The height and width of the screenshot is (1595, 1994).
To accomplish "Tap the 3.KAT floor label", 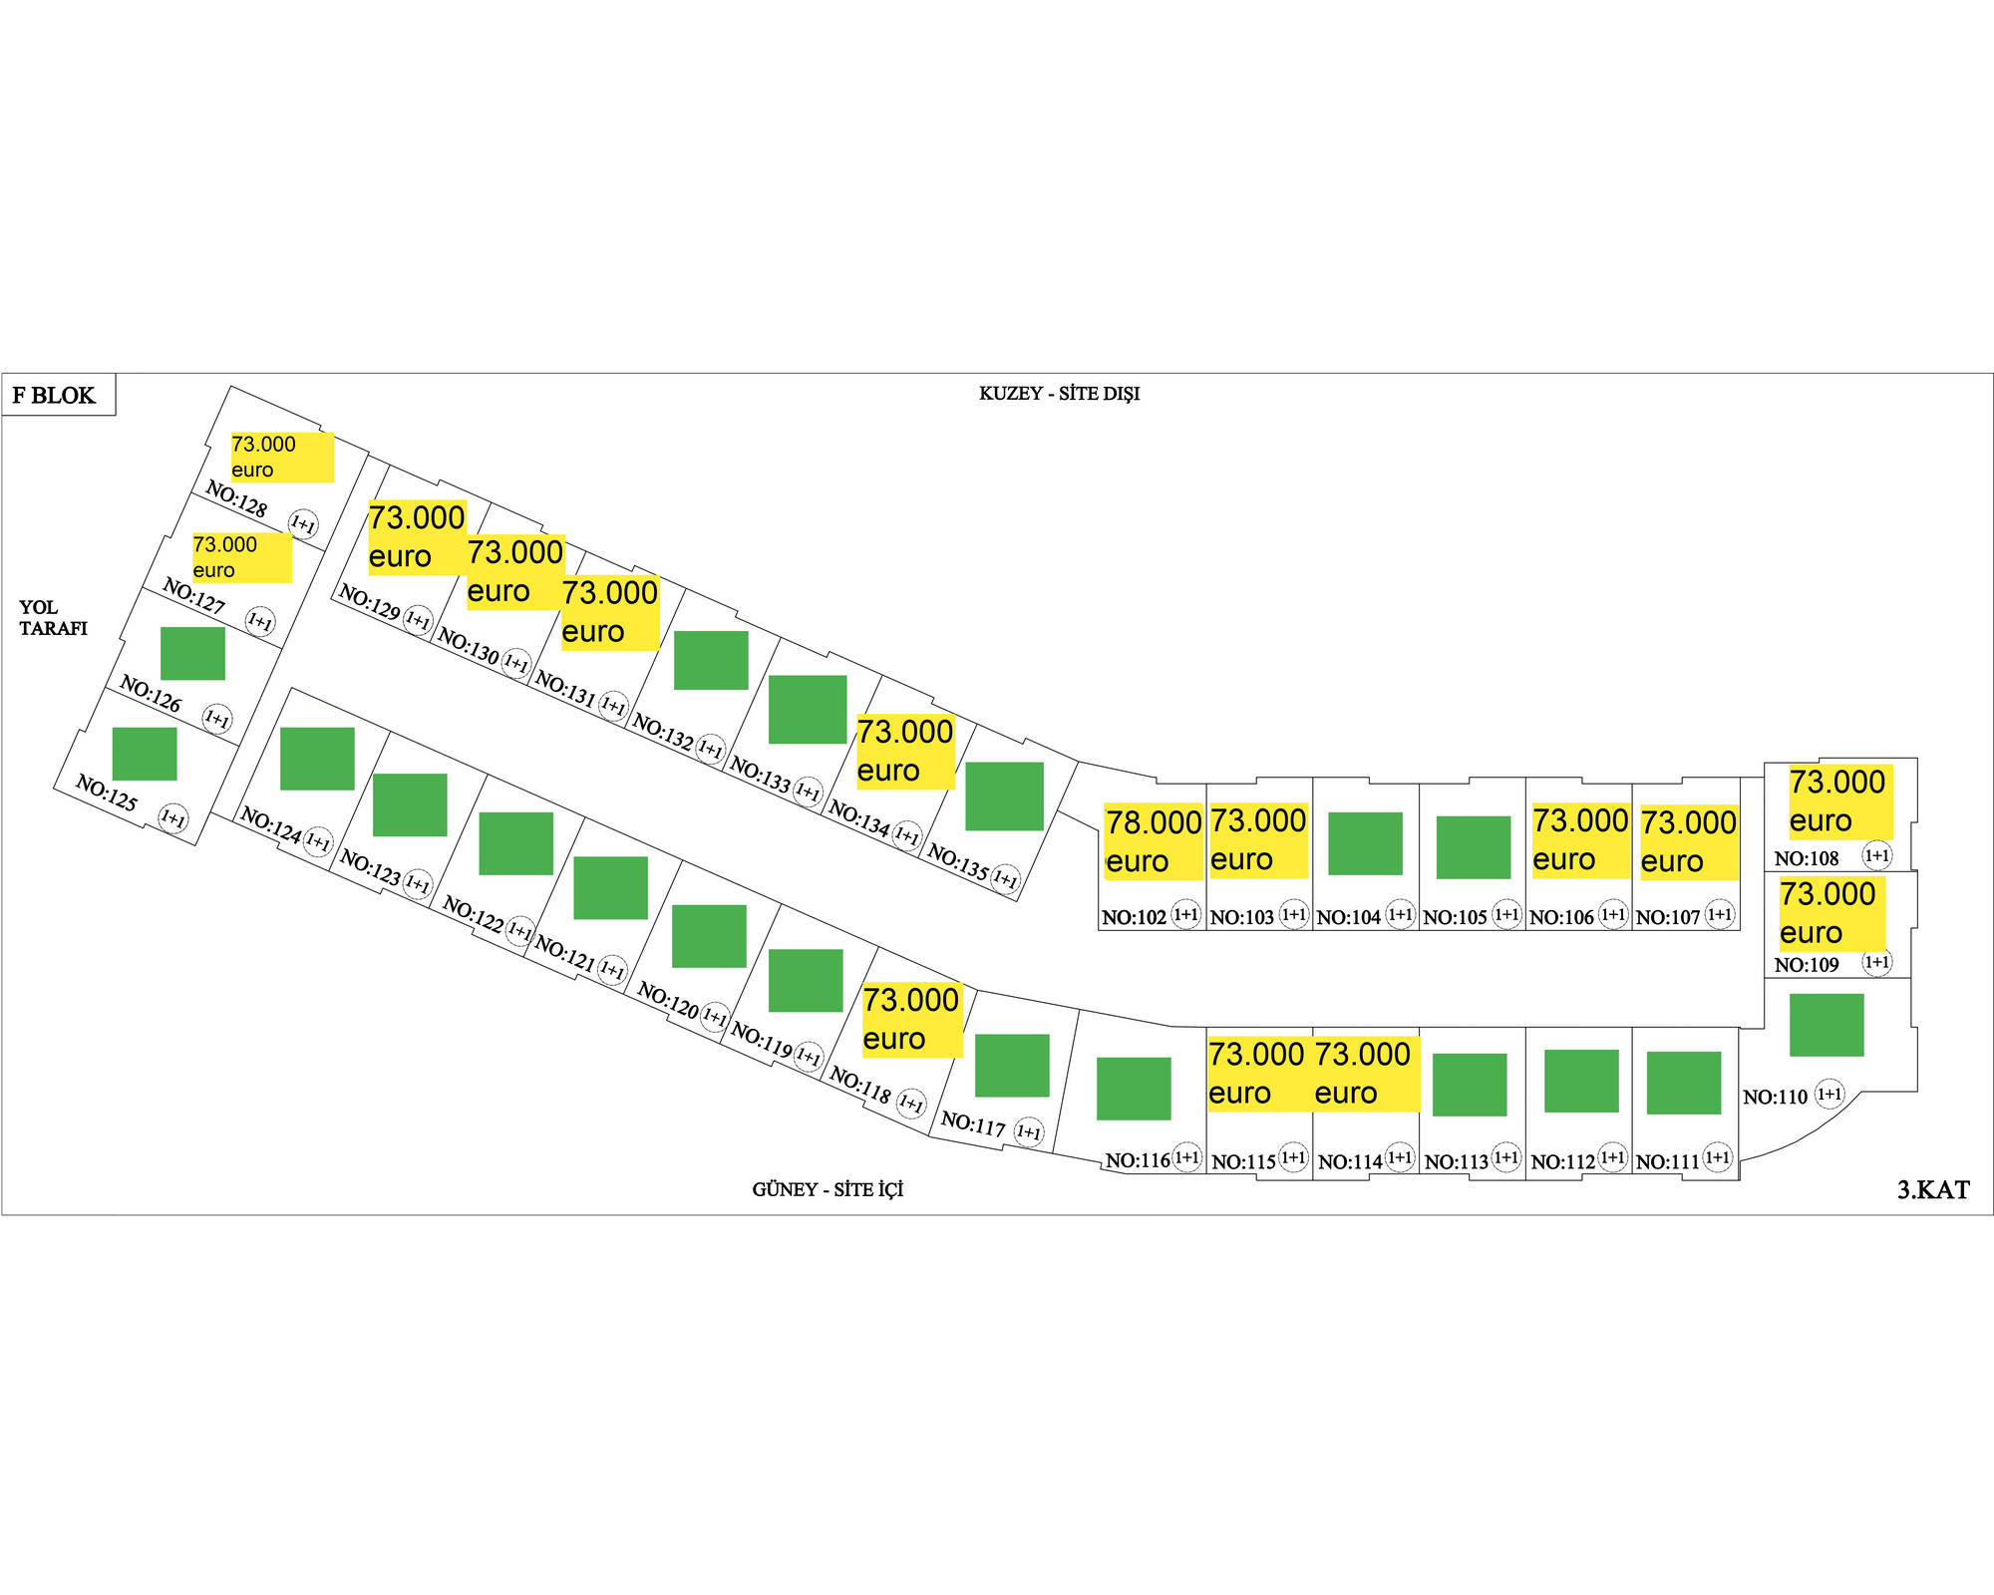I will pyautogui.click(x=1932, y=1189).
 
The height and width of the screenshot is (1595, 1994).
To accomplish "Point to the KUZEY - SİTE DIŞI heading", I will pyautogui.click(x=1059, y=394).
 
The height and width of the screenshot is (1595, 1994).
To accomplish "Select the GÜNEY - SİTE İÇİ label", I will pyautogui.click(x=828, y=1189).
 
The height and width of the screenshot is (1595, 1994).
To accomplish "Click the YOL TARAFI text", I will pyautogui.click(x=53, y=617).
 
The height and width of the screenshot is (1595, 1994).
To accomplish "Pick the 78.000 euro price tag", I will pyautogui.click(x=1153, y=841).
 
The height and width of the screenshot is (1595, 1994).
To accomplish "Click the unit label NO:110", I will pyautogui.click(x=1775, y=1097).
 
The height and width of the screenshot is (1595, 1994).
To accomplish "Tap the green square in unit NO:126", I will pyautogui.click(x=192, y=653).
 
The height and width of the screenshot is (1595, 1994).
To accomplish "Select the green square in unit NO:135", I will pyautogui.click(x=1004, y=796).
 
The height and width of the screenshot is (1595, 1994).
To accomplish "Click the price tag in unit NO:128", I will pyautogui.click(x=281, y=457).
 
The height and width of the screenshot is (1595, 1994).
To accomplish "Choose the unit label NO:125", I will pyautogui.click(x=107, y=794).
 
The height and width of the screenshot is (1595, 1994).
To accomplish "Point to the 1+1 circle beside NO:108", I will pyautogui.click(x=1876, y=855).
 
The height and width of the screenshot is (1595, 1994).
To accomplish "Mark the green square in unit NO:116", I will pyautogui.click(x=1134, y=1088).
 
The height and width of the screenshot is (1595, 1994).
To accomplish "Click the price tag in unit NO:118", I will pyautogui.click(x=911, y=1019).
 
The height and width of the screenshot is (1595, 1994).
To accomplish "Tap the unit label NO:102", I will pyautogui.click(x=1134, y=917).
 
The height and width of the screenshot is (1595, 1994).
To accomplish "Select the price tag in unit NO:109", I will pyautogui.click(x=1830, y=912).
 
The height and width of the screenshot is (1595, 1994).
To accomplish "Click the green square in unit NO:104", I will pyautogui.click(x=1365, y=842).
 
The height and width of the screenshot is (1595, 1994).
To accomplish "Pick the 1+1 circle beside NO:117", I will pyautogui.click(x=1028, y=1132).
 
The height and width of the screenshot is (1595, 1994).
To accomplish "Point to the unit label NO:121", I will pyautogui.click(x=565, y=954).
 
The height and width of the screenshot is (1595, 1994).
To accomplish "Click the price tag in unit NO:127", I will pyautogui.click(x=241, y=557).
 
